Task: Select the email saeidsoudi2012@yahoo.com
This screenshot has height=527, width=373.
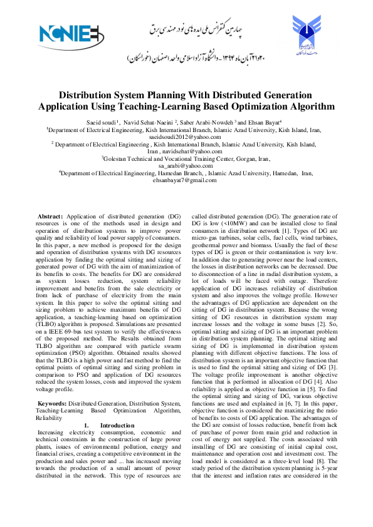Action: (187, 136)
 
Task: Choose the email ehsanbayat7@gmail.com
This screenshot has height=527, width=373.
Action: (187, 180)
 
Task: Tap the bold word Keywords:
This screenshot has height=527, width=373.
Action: (51, 386)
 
